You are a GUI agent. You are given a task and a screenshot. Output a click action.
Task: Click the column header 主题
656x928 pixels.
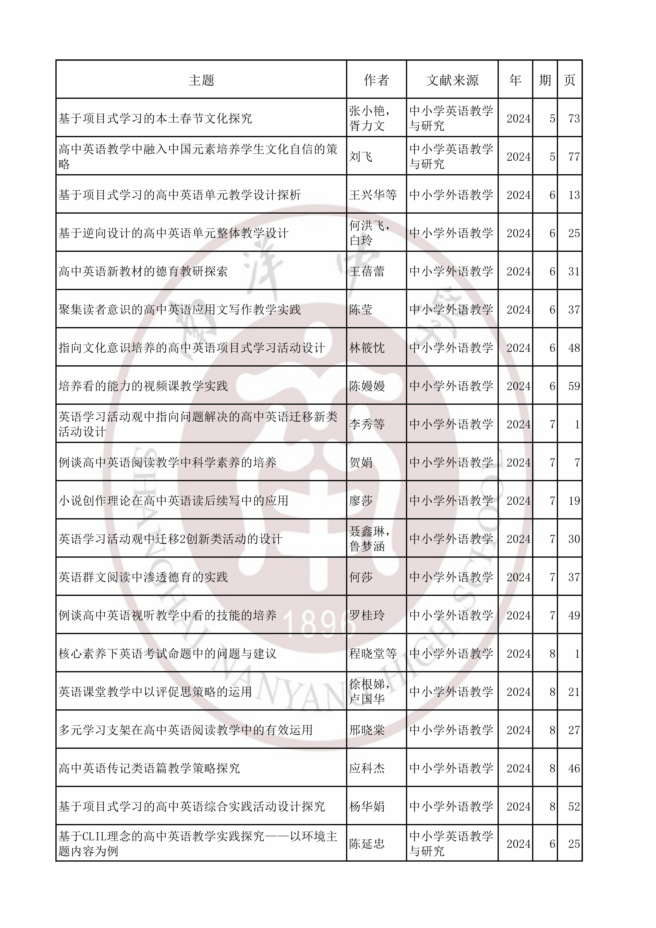coord(201,80)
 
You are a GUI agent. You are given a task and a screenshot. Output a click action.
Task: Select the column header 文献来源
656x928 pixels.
coord(452,80)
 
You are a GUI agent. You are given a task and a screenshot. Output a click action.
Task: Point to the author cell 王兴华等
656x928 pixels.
coord(373,195)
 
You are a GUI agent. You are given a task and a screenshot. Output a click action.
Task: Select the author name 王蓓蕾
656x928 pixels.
coord(367,271)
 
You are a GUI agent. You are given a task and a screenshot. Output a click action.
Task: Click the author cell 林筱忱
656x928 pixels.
coord(367,348)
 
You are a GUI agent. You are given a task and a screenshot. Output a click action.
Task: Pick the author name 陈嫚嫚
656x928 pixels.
coord(367,386)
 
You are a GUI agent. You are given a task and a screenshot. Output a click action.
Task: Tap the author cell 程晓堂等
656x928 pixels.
coord(373,654)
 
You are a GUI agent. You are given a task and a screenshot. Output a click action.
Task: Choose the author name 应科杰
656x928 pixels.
coord(367,768)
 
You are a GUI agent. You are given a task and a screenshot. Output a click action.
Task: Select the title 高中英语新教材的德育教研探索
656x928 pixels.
coord(143,271)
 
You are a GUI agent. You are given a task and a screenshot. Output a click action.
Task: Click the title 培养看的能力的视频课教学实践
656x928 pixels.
coord(143,386)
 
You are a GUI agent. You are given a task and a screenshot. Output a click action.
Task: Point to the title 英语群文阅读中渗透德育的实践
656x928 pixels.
coord(143,577)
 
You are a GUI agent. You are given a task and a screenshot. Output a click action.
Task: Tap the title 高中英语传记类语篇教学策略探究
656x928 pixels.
coord(149,768)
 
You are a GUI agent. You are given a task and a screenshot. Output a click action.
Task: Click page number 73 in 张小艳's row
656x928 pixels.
coord(573,118)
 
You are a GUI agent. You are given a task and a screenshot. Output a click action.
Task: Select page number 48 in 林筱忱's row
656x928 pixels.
coord(573,348)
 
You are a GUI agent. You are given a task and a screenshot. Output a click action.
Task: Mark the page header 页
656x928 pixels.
coord(570,80)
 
